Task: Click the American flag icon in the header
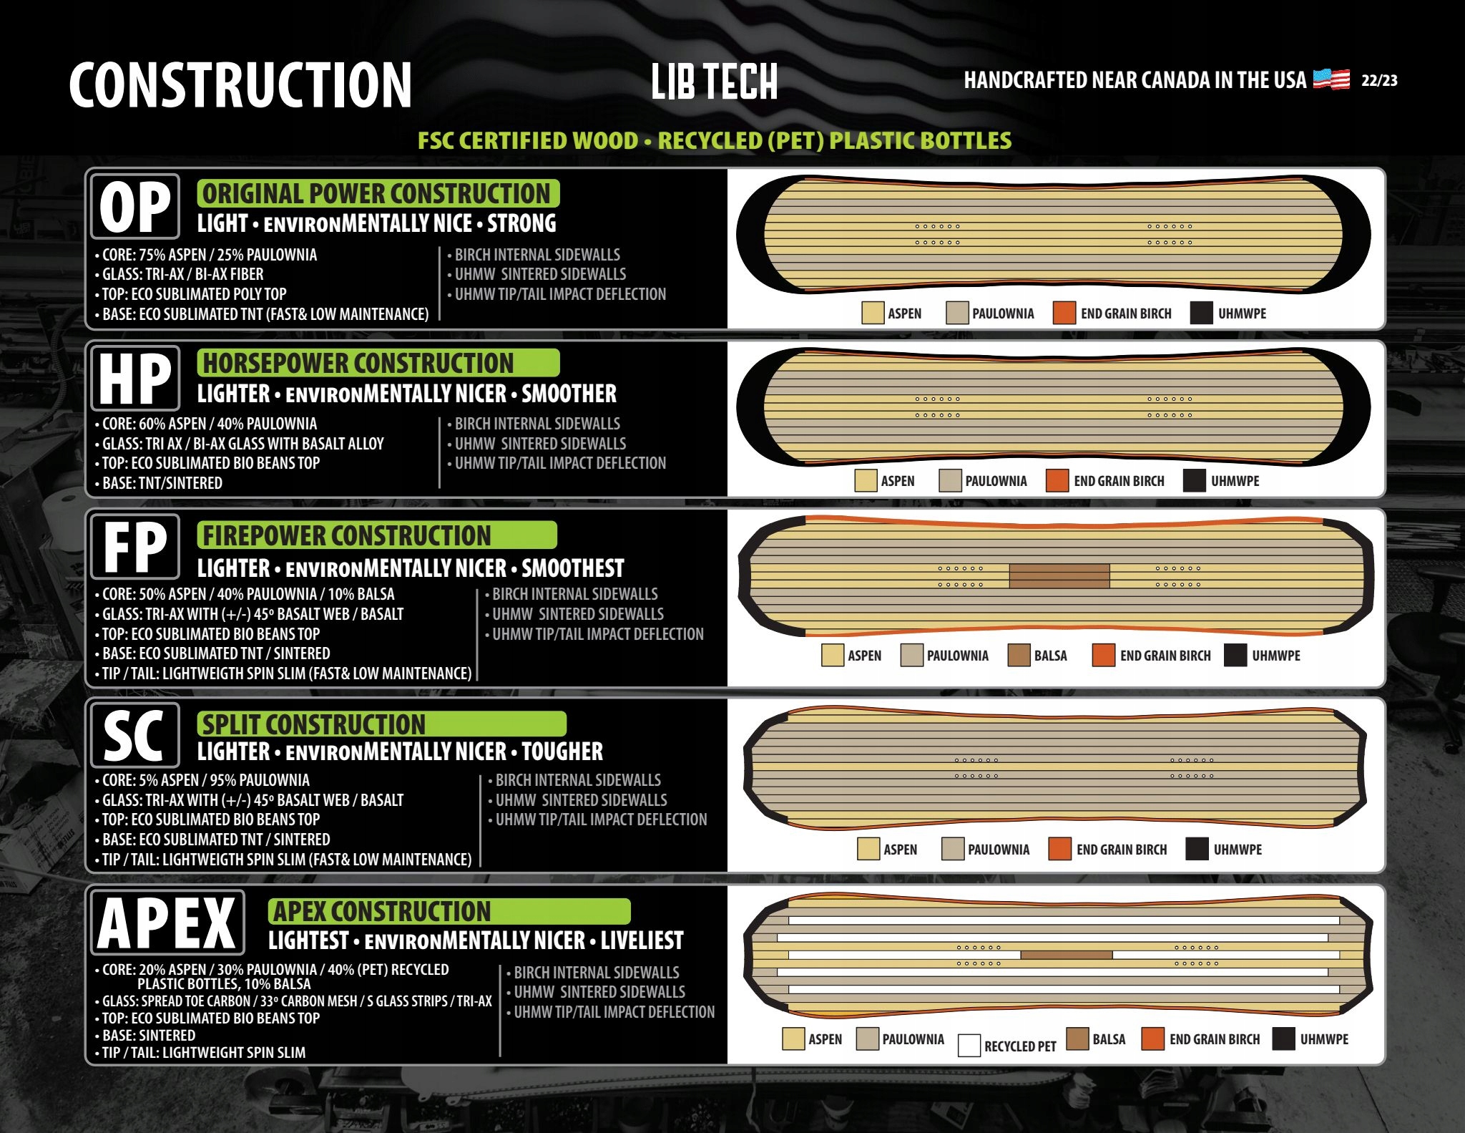(1331, 79)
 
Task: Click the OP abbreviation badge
(135, 207)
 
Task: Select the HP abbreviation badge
(135, 378)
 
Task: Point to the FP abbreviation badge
(135, 547)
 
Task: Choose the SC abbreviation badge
(135, 735)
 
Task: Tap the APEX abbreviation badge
(167, 923)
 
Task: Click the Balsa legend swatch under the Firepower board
(1019, 655)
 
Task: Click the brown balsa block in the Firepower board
(1059, 575)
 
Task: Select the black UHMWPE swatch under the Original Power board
(1201, 313)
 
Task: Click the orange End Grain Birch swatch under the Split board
(1059, 849)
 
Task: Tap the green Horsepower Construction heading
(378, 363)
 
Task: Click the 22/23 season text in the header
(1378, 80)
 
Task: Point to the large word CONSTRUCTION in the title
(240, 85)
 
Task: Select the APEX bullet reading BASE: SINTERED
(148, 1035)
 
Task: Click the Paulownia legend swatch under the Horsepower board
(950, 480)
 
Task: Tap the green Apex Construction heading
(449, 911)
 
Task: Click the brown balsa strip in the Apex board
(1066, 955)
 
